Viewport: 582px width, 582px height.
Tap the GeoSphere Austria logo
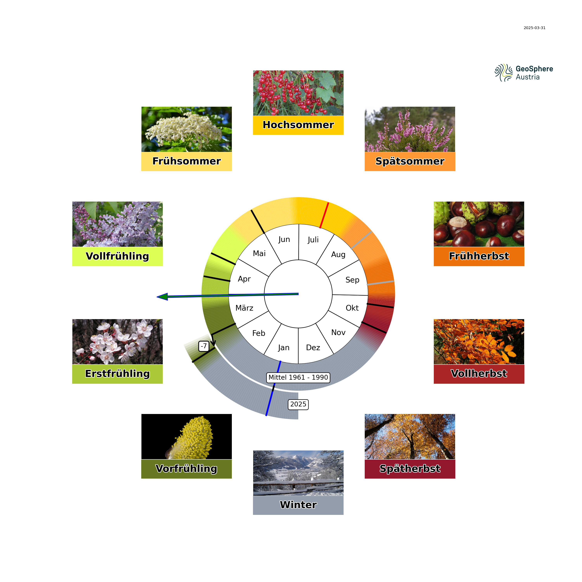tap(524, 73)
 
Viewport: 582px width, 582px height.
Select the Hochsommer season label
tap(298, 125)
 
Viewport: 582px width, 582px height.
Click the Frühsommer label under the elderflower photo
tap(186, 161)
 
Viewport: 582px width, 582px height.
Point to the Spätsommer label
tap(410, 161)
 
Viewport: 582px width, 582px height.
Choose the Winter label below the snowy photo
tap(298, 505)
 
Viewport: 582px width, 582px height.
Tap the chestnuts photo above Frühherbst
tap(479, 224)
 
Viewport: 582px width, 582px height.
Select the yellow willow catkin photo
tap(186, 436)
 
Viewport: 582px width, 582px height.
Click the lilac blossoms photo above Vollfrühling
tap(118, 224)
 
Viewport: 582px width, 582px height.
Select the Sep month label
tap(352, 280)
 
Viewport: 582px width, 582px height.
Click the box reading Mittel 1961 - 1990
tap(298, 378)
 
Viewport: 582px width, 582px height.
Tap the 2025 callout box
tap(298, 404)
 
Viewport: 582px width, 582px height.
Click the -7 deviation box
tap(204, 346)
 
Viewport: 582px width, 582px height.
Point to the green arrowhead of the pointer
tap(162, 297)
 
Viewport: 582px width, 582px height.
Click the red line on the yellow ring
tap(324, 215)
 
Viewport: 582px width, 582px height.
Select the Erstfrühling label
tap(118, 373)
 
